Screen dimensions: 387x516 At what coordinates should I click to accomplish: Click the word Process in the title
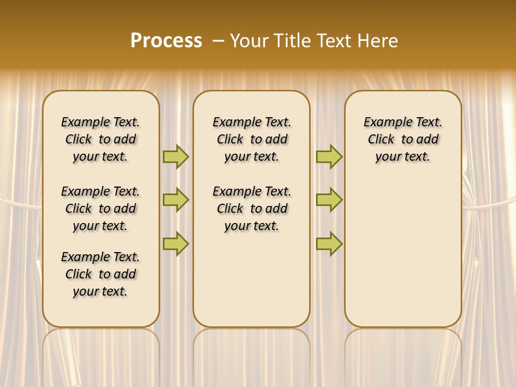[166, 41]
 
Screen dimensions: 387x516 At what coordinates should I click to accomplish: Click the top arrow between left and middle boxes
[176, 157]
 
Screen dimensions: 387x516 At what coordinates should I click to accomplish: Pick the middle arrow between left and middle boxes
[176, 200]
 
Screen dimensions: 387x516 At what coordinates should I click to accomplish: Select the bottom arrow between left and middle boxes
[176, 243]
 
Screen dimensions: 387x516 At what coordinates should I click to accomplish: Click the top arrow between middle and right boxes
[329, 157]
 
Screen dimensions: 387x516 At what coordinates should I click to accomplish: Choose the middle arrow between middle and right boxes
[329, 200]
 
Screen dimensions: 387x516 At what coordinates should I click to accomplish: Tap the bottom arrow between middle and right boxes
[329, 243]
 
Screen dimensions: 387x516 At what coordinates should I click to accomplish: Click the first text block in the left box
[101, 139]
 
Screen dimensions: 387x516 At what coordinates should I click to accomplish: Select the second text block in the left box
[101, 209]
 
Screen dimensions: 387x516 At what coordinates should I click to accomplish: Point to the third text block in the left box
[101, 274]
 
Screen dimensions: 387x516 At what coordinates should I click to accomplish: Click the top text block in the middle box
[252, 139]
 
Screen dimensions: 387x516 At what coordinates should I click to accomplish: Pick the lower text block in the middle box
[252, 209]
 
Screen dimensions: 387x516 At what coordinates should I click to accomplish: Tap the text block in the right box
[403, 139]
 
